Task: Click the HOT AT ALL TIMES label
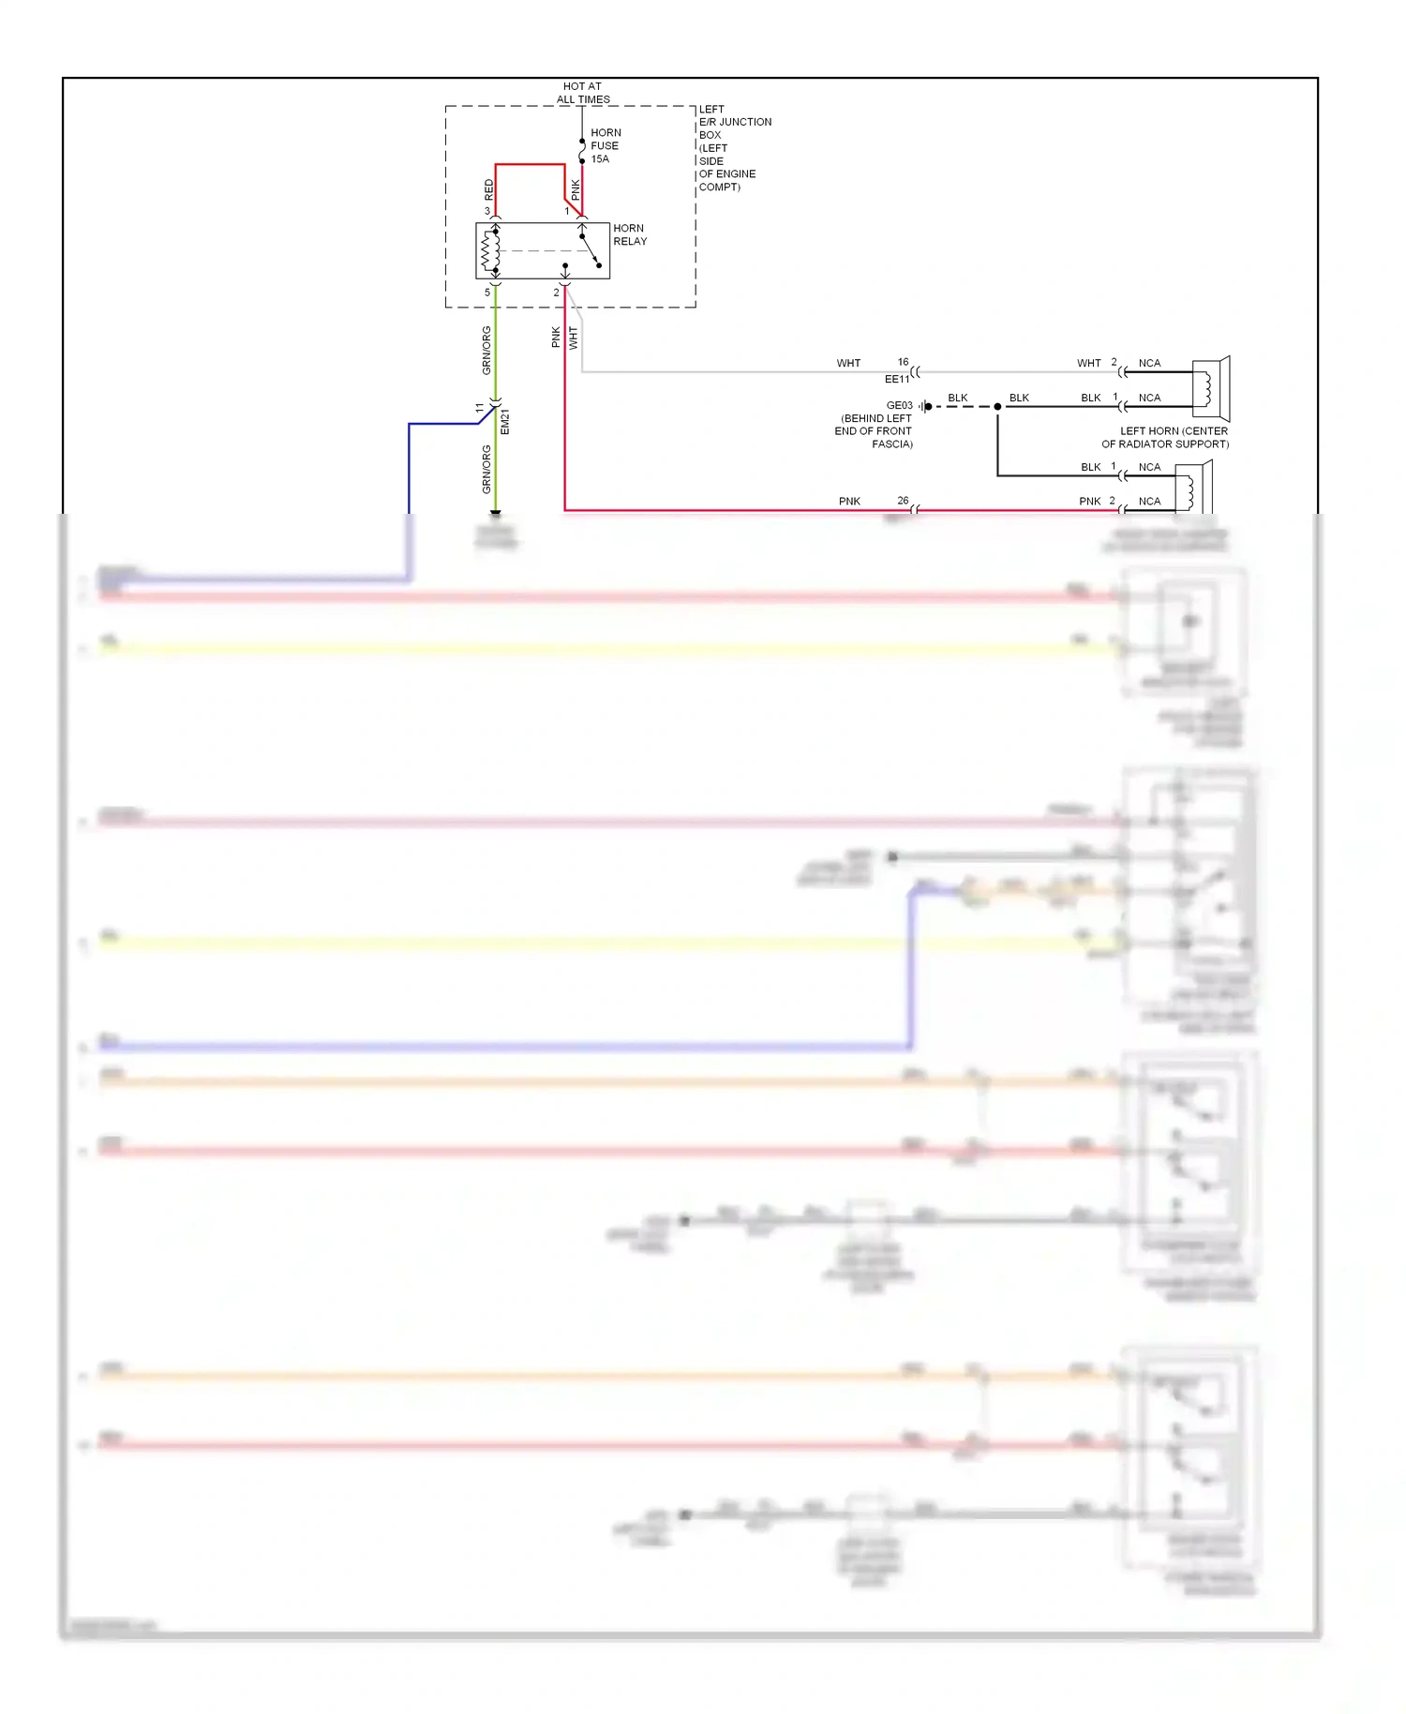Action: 582,93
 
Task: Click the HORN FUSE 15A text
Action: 605,145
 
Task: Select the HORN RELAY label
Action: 630,234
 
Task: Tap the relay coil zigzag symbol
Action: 486,250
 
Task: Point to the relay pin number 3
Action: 486,211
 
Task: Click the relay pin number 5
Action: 486,293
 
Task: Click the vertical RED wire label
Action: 488,190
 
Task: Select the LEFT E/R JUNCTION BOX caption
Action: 734,148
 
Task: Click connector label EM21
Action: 505,422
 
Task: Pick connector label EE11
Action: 896,379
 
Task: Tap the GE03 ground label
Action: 899,405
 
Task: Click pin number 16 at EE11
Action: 903,362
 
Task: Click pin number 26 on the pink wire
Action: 903,501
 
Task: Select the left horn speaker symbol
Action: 1210,387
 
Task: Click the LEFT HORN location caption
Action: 1165,438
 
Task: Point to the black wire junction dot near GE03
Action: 997,407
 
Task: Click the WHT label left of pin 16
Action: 848,363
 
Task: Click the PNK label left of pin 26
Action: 849,502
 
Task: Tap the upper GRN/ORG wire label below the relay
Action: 486,351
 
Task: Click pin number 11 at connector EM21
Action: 480,409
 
